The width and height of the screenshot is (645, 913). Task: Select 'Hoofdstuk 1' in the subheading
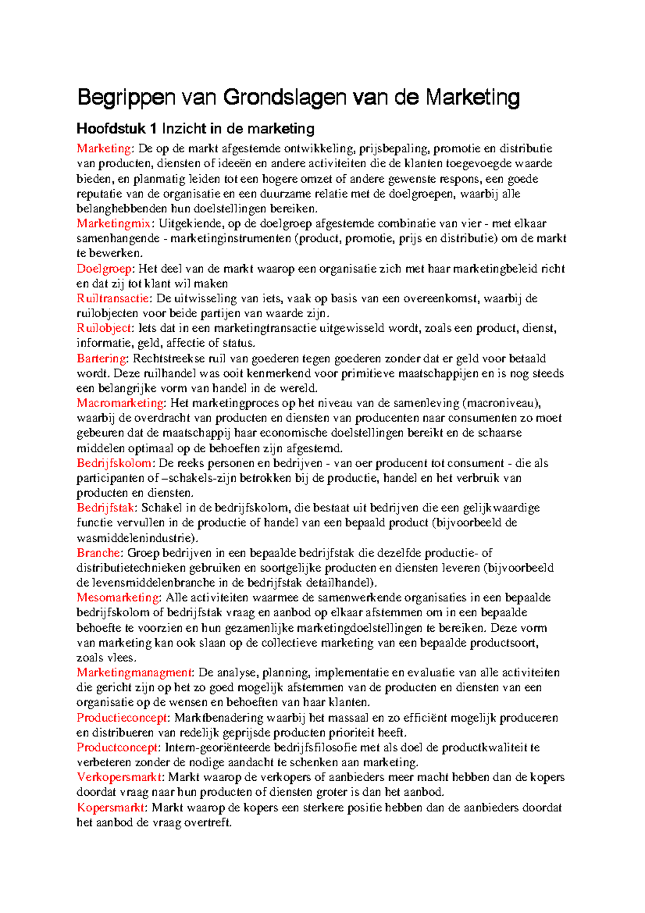[x=117, y=129]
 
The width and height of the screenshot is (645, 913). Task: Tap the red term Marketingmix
[x=113, y=224]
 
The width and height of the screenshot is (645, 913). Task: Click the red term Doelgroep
[x=104, y=269]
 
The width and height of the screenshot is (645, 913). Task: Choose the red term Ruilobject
[x=104, y=328]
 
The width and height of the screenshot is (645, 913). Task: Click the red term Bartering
[x=102, y=359]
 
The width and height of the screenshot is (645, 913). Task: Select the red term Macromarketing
[x=120, y=403]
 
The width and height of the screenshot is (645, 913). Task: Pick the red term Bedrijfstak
[x=106, y=508]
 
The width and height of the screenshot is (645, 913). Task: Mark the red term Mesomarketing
[x=118, y=597]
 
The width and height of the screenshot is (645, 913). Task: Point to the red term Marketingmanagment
[x=134, y=673]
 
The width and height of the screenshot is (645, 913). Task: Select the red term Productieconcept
[x=122, y=718]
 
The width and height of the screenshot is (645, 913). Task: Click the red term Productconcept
[x=117, y=747]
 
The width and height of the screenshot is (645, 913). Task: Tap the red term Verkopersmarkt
[x=119, y=778]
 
